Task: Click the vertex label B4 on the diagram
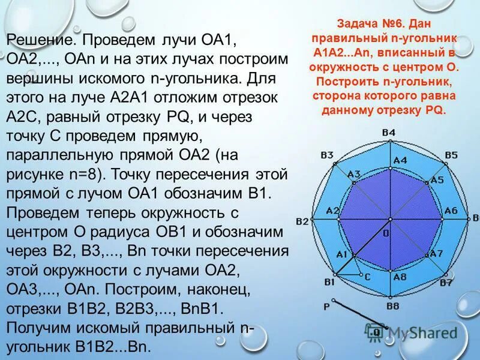tap(388, 133)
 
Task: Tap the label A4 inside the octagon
tap(400, 160)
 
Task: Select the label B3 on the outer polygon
tap(327, 155)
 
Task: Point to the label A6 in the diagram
tap(451, 210)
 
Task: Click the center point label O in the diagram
tap(386, 232)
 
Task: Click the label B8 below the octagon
tap(393, 306)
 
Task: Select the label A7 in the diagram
tap(436, 253)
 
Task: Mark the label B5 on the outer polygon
tap(451, 155)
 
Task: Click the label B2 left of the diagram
tap(302, 221)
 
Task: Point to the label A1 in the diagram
tap(342, 254)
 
